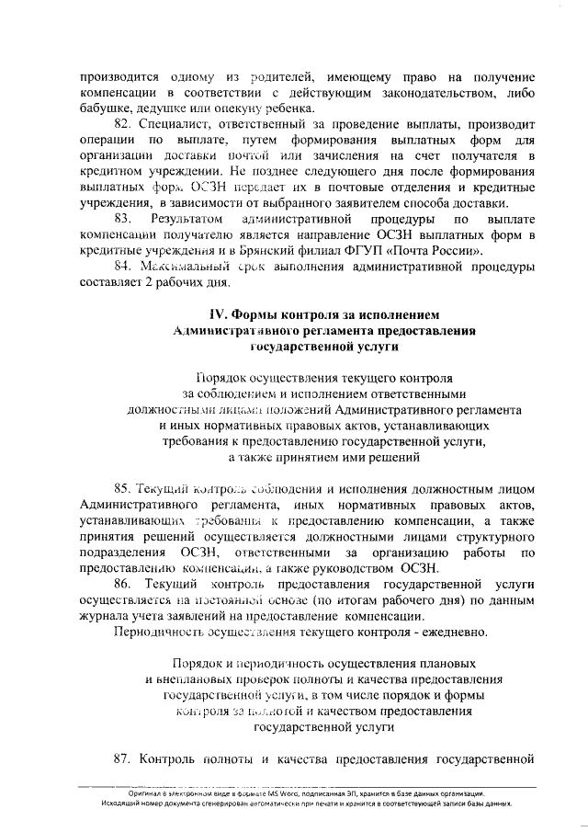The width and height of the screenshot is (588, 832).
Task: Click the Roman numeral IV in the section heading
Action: click(x=218, y=314)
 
